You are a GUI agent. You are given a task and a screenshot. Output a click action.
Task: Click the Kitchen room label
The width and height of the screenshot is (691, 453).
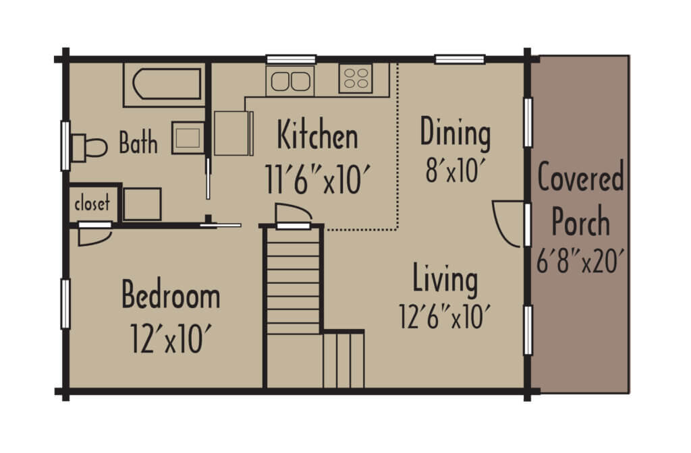click(318, 135)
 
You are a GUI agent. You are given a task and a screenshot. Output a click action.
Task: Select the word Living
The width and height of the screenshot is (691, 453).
click(445, 280)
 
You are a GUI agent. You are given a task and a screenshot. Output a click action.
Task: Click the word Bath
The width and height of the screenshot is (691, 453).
click(138, 143)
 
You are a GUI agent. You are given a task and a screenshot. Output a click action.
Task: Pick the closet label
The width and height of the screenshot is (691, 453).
click(92, 203)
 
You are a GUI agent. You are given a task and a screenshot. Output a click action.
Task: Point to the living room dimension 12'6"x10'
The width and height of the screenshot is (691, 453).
click(443, 316)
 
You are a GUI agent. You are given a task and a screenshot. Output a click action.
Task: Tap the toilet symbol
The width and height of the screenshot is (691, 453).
click(89, 146)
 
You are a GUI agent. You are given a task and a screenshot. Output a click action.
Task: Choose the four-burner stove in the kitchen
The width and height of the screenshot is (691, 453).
click(355, 78)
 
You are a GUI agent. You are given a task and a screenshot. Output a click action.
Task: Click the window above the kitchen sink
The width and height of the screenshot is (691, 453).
click(291, 59)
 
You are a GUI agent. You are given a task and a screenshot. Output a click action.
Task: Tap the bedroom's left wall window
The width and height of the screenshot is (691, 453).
click(65, 303)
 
